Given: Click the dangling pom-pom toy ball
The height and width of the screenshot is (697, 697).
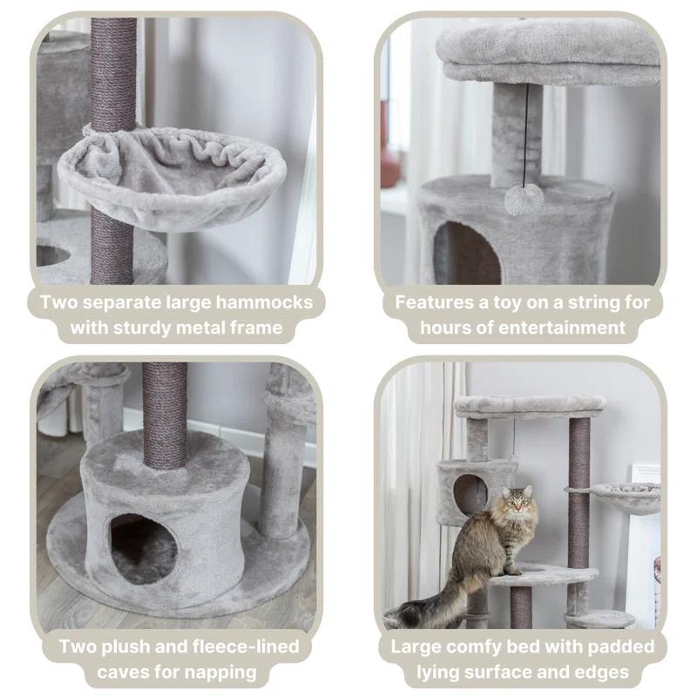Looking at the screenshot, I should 524,200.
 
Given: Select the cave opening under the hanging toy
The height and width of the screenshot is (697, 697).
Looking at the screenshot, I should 467,254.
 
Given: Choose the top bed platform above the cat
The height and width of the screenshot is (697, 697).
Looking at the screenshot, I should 530,405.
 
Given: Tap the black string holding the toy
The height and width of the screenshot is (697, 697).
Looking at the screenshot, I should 525,131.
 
